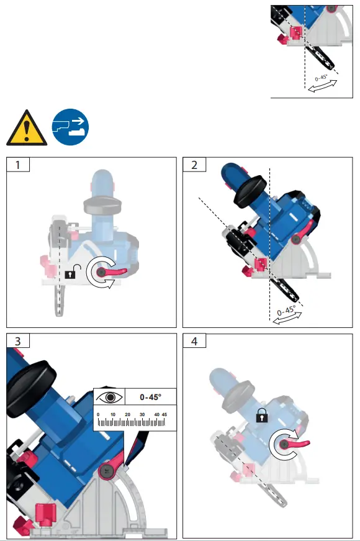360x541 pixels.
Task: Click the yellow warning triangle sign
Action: point(27,129)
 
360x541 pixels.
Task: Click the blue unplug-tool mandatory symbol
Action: point(70,127)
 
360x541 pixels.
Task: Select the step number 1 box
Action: point(18,165)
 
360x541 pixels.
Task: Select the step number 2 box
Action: point(194,165)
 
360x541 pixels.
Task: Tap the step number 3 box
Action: point(18,341)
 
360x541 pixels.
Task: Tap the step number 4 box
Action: point(194,341)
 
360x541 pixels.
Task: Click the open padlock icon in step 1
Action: point(73,272)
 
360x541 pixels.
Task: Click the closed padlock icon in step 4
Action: point(262,416)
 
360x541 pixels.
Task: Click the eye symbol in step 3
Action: point(110,398)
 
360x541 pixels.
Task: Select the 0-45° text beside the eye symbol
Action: point(150,397)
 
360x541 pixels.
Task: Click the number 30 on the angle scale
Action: point(142,414)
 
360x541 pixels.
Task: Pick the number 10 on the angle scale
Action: point(113,414)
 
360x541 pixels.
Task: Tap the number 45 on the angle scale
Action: point(164,414)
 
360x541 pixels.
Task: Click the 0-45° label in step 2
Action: point(286,310)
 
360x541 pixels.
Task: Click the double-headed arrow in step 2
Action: point(287,318)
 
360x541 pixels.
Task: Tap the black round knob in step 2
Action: point(250,191)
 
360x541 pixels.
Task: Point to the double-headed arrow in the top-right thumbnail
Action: point(322,86)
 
